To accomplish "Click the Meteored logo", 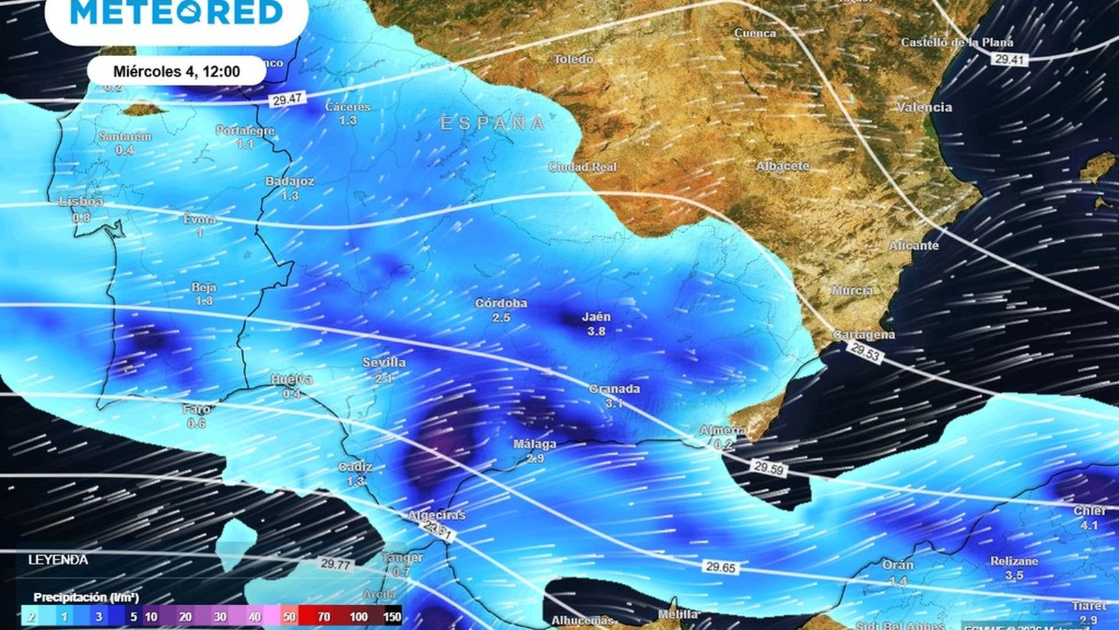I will pos(176,13).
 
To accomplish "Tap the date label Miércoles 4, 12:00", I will pos(176,71).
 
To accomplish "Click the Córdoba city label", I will pos(501,303).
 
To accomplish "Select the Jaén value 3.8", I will pos(596,331).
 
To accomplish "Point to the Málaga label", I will pos(534,444).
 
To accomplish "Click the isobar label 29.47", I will pos(287,99).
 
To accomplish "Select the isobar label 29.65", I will pos(720,567).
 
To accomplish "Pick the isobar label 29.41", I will pos(1008,60).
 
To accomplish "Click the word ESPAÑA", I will pos(492,124).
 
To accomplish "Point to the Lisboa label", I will pos(81,202).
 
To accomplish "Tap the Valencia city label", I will pos(924,107).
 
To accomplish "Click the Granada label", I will pos(614,388).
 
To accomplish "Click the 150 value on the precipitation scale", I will pos(392,617).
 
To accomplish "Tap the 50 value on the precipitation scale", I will pos(289,617).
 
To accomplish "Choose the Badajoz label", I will pos(290,181).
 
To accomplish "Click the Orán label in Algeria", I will pos(897,565).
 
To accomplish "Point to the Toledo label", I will pos(573,59).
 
